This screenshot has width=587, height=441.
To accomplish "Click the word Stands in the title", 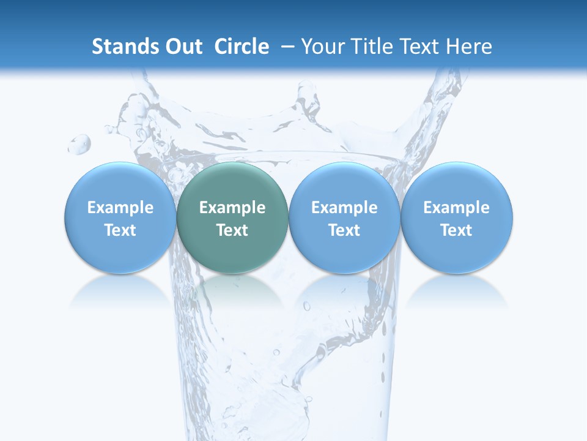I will [x=123, y=47].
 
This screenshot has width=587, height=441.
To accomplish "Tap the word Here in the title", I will [x=470, y=47].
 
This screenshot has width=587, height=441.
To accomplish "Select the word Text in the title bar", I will [x=421, y=47].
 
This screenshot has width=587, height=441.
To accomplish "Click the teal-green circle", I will [x=232, y=217].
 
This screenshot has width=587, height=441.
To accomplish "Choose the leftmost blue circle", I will [x=120, y=217].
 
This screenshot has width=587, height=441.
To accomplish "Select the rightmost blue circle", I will [x=457, y=217].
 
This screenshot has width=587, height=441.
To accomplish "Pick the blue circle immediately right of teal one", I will [x=344, y=217].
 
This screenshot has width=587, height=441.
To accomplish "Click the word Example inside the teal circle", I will [x=232, y=208].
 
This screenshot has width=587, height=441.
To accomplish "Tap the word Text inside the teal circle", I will [x=232, y=230].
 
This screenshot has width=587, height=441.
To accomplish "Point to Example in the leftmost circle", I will [x=120, y=208].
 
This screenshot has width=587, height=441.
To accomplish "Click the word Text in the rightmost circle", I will [x=457, y=230].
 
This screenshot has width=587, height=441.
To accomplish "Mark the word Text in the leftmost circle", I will [x=120, y=230].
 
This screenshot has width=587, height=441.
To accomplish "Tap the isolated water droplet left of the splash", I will [x=79, y=145].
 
